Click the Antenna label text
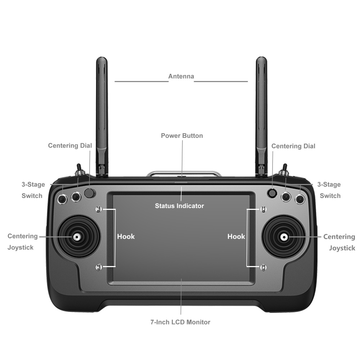pyautogui.click(x=181, y=76)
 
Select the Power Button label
pyautogui.click(x=182, y=136)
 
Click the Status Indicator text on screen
pyautogui.click(x=179, y=206)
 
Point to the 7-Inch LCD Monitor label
pyautogui.click(x=180, y=322)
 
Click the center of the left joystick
pyautogui.click(x=77, y=237)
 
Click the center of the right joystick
pyautogui.click(x=284, y=237)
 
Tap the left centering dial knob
pyautogui.click(x=90, y=193)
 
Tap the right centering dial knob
pyautogui.click(x=272, y=193)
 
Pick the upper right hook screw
pyautogui.click(x=263, y=209)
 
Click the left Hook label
pyautogui.click(x=126, y=237)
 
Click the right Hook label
pyautogui.click(x=236, y=237)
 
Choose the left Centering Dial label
pyautogui.click(x=70, y=145)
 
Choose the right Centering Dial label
pyautogui.click(x=293, y=146)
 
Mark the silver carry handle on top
pyautogui.click(x=183, y=174)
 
